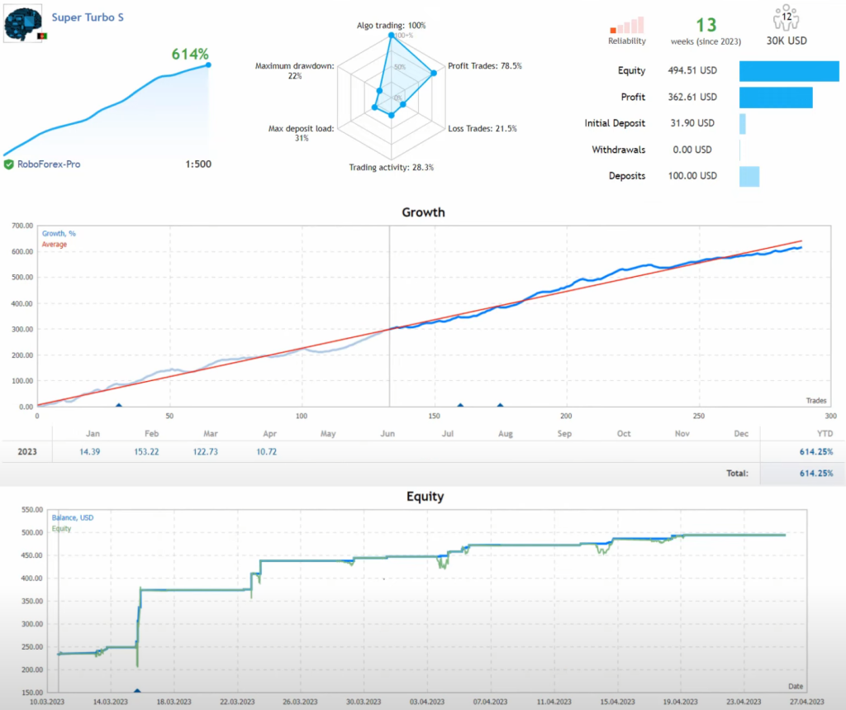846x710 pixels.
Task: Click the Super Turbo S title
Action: [88, 17]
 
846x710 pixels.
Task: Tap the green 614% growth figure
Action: [190, 55]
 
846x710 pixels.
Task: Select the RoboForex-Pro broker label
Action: [49, 164]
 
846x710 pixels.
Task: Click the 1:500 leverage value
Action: [198, 164]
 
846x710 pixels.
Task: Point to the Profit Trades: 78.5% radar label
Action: [484, 66]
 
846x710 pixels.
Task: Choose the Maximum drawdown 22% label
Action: [295, 70]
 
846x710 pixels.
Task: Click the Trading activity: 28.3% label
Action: [391, 167]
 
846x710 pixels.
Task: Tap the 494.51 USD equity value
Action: [691, 71]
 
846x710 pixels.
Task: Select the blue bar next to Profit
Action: [775, 98]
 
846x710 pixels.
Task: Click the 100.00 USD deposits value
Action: [691, 176]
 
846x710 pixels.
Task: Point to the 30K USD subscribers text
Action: [787, 41]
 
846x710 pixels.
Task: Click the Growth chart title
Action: [423, 212]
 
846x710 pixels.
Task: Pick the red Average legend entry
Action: [55, 245]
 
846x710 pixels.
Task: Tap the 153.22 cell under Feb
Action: [150, 452]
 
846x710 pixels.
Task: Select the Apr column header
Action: [270, 434]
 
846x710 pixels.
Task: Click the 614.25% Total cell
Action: [814, 474]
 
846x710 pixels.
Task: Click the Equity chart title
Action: [425, 497]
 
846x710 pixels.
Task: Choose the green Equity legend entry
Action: [61, 529]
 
